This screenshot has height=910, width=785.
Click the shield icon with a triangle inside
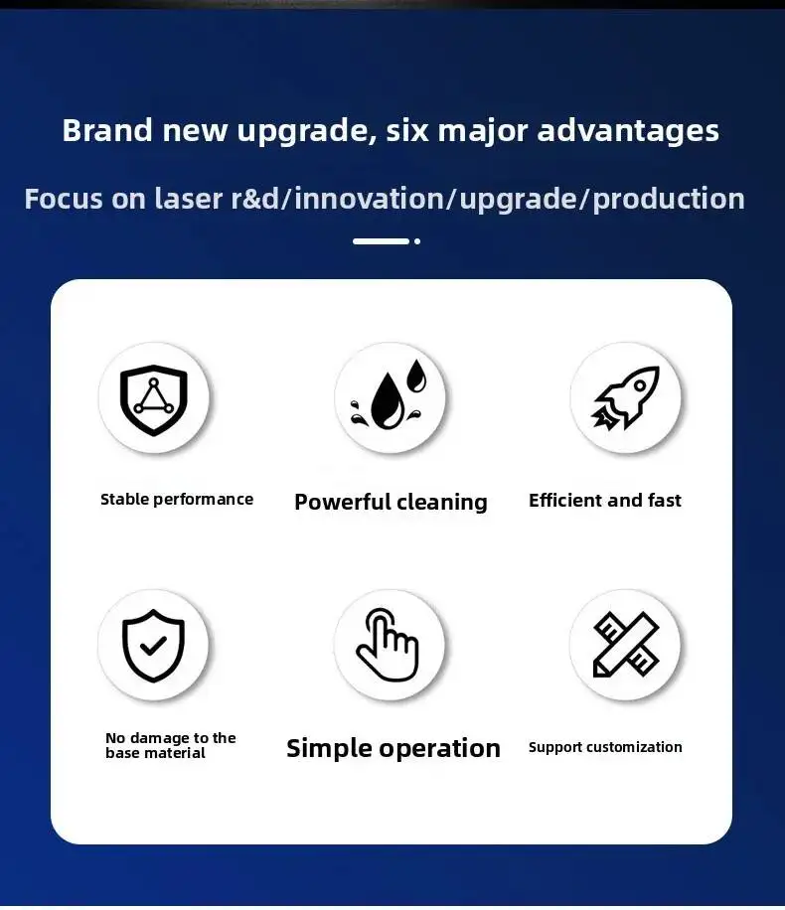pos(153,400)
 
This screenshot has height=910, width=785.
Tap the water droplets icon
pos(389,394)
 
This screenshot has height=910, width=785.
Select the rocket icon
pos(625,398)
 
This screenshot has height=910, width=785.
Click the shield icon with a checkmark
pos(153,646)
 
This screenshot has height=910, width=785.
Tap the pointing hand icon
pos(388,645)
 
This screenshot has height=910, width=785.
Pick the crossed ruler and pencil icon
pos(625,644)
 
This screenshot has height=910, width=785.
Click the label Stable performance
pos(177,500)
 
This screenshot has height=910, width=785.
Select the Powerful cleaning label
pos(391,502)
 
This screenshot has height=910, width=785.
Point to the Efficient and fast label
pos(605,501)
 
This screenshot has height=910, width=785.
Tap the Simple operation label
pos(393,748)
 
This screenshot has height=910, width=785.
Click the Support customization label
pos(605,747)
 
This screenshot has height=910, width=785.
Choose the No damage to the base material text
pos(171,745)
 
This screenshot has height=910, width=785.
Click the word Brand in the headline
pos(107,130)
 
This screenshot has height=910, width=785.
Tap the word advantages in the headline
pos(628,131)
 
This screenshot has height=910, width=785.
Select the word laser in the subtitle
pos(189,199)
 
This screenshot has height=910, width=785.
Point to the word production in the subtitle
pos(669,200)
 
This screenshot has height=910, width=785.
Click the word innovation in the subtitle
pos(369,199)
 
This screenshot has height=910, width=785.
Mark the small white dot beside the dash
pos(417,241)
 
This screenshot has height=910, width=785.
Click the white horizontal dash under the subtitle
pos(381,241)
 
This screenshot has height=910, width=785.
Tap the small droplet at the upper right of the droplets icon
pos(416,376)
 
